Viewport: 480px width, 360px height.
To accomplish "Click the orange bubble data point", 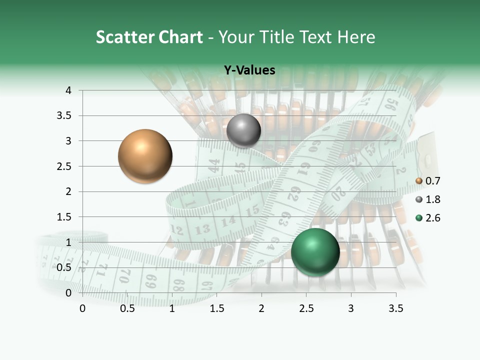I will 145,156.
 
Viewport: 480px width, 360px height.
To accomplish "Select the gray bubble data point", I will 243,130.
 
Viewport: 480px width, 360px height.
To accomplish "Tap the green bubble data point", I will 315,252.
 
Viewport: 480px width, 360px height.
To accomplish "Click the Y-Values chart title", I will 249,70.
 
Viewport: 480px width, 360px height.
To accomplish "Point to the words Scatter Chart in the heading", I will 149,37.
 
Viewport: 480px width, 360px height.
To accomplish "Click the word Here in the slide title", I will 356,37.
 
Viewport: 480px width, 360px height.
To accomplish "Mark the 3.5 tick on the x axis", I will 395,308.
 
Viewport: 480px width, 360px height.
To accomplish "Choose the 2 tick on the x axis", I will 261,308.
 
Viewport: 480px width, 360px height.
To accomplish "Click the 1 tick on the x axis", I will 172,308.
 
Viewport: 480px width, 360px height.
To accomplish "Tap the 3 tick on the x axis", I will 351,308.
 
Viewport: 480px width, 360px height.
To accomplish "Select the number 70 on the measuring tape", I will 125,274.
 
